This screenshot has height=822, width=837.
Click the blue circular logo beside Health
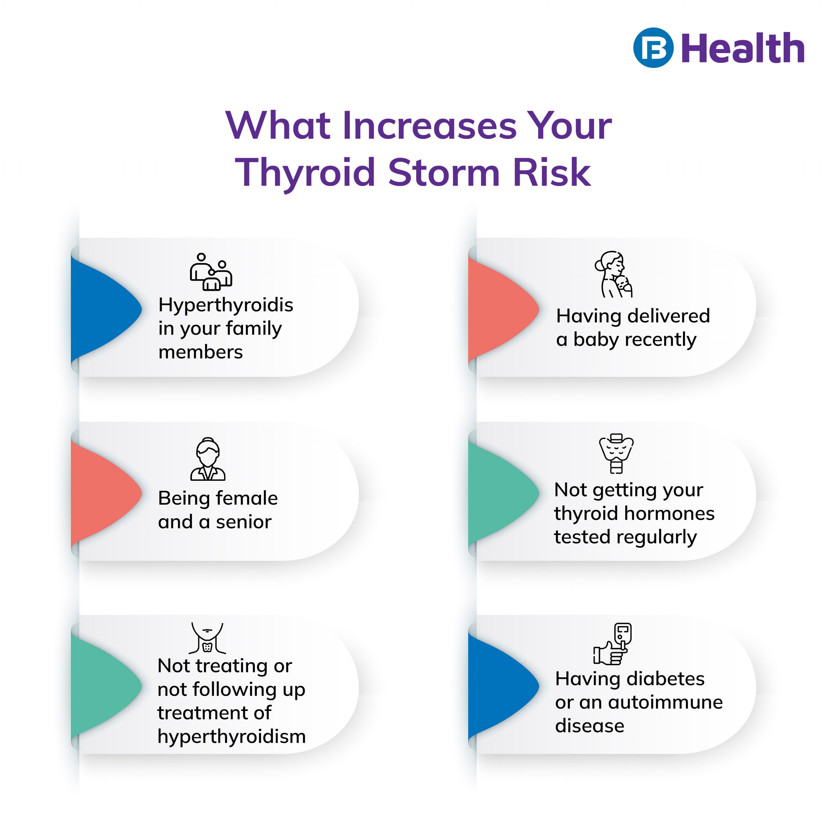pos(653,47)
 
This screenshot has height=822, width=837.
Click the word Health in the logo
pos(743,48)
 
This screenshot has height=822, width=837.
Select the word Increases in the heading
pos(430,125)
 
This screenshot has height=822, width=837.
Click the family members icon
pos(211,272)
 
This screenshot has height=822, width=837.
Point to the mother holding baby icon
pos(613,274)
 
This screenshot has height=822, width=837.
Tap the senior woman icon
pos(208,459)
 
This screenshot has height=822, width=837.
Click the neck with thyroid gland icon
pos(207,638)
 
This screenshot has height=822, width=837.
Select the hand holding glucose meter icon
pos(612,644)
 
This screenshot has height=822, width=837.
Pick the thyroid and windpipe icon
pos(616,453)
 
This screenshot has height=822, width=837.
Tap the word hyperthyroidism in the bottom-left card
pos(231,736)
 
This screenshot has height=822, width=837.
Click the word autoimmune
pos(666,702)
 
